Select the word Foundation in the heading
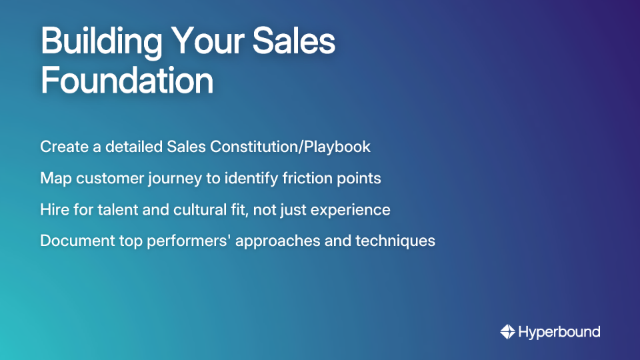tap(127, 81)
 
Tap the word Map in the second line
tap(53, 179)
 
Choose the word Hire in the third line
tap(53, 209)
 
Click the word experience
tap(351, 210)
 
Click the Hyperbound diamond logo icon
tap(507, 331)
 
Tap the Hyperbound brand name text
tap(559, 332)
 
